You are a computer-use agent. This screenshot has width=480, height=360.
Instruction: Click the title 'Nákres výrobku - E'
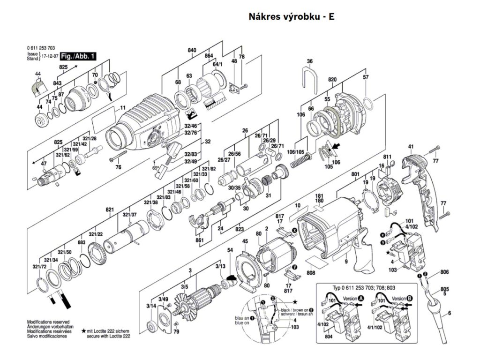point(291,17)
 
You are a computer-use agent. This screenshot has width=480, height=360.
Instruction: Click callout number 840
point(192,50)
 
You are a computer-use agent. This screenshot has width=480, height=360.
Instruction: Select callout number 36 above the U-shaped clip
point(309,61)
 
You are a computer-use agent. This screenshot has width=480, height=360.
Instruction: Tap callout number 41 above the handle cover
point(411,148)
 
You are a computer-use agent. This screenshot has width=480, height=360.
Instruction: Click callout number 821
point(109,209)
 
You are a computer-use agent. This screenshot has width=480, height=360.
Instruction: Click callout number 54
point(230,251)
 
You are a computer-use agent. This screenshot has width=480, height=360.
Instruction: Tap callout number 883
point(82,242)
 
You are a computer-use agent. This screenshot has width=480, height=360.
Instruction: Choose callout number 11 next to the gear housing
point(123,109)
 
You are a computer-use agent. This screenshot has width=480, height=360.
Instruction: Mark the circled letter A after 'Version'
point(360,298)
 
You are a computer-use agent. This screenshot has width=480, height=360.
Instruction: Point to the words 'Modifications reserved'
point(48,322)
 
